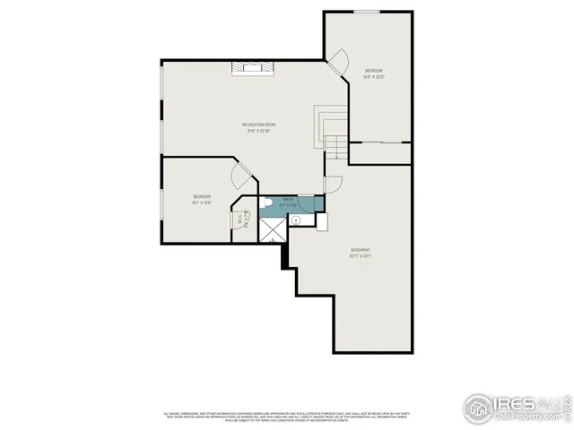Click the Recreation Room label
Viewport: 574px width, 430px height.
[x=258, y=127]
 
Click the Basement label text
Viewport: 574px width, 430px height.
[x=361, y=252]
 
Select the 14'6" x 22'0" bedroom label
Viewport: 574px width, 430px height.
[x=374, y=73]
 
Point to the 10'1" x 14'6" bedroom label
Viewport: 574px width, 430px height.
[x=201, y=199]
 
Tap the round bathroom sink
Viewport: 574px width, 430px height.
[x=294, y=219]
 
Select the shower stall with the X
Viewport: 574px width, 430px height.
[x=271, y=229]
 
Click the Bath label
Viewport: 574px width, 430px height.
[x=288, y=202]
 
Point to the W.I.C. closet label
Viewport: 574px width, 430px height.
[x=240, y=219]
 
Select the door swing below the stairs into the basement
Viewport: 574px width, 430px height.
[x=333, y=185]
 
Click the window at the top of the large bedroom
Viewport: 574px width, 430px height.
[x=365, y=12]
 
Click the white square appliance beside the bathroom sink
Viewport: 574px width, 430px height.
[x=321, y=219]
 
